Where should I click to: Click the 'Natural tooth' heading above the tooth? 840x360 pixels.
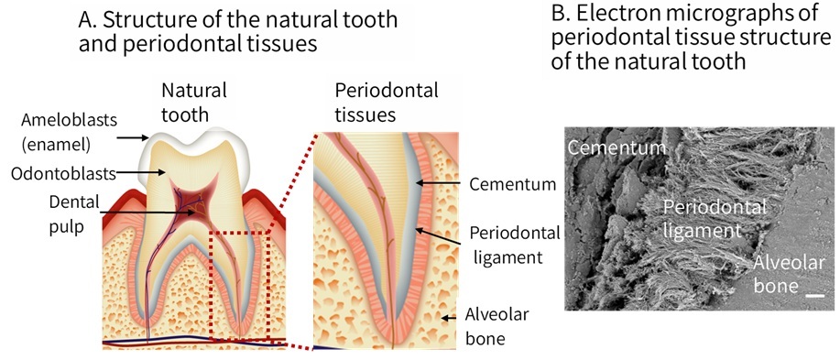(x=193, y=102)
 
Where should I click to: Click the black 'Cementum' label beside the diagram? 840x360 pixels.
(x=512, y=184)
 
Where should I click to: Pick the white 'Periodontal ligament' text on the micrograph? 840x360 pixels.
(x=702, y=218)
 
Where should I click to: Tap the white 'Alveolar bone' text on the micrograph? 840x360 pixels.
(x=787, y=275)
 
